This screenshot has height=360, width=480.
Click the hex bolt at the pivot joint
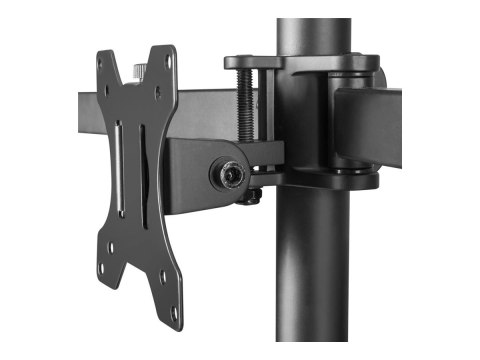point(230,173)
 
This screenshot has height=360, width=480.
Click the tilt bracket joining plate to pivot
point(190,170)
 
